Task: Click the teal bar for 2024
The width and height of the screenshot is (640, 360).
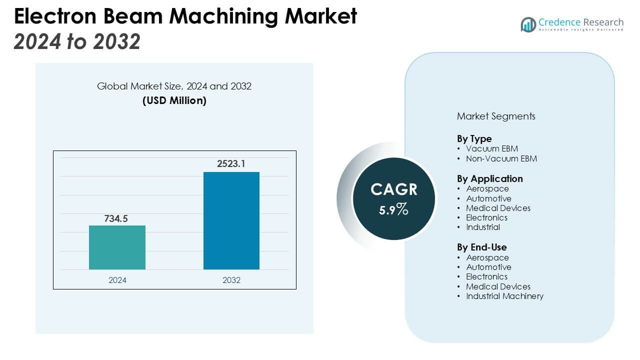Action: coord(117,247)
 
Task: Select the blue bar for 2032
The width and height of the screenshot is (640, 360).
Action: coord(231,220)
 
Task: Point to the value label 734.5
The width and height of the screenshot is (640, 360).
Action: coord(117,218)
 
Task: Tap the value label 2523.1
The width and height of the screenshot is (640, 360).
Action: coord(231,164)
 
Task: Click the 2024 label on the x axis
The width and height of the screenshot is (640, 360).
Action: coord(117,280)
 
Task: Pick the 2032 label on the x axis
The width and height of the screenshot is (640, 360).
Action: coord(231,280)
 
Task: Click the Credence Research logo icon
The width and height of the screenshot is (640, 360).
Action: coord(528,24)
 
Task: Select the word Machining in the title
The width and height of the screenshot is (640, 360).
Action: coord(226,16)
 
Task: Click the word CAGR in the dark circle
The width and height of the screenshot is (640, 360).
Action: coord(394,189)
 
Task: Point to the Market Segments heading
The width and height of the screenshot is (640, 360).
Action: coord(496,116)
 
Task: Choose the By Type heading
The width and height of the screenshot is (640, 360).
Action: coord(474,138)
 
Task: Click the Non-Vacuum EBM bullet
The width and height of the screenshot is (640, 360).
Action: coord(501,158)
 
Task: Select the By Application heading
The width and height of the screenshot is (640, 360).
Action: coord(489,178)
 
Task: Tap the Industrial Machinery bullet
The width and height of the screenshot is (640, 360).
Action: coord(504,296)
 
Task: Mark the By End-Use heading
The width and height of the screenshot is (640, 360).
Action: coord(481,247)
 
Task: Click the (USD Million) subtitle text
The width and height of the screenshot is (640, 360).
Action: coord(174,100)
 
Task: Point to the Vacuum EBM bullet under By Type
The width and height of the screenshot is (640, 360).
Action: coord(491,148)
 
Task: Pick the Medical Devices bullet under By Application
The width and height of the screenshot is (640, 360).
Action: coord(498,208)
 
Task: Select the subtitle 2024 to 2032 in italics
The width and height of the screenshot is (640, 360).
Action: coord(77,42)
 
